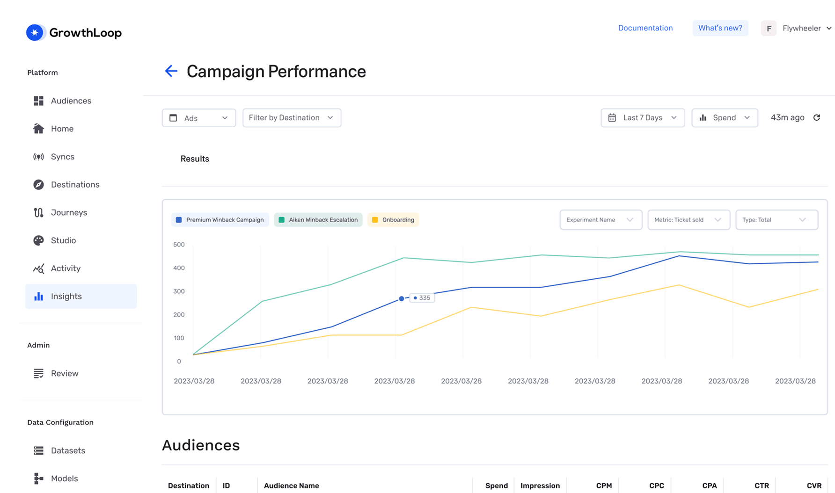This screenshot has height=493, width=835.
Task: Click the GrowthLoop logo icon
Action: (35, 33)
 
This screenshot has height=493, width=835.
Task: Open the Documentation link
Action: (645, 28)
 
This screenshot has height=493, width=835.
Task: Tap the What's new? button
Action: (720, 28)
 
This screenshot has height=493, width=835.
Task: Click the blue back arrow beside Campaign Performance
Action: (171, 71)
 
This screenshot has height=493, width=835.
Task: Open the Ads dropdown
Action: (199, 118)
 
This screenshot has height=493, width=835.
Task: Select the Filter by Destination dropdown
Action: (292, 118)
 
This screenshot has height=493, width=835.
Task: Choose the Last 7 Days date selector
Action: (643, 118)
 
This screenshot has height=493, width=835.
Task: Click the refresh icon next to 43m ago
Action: (817, 118)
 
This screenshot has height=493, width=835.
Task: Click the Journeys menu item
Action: (69, 212)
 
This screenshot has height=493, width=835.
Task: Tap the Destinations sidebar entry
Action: (75, 184)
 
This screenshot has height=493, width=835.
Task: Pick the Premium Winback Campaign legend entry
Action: (220, 220)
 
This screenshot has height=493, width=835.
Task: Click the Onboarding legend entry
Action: (393, 220)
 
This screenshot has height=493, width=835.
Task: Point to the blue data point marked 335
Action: (402, 298)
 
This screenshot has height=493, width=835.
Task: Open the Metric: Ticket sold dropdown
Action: (689, 220)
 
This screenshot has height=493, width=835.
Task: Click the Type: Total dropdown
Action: (776, 220)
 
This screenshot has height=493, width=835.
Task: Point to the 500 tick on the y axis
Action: (179, 245)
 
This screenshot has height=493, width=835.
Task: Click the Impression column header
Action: (540, 486)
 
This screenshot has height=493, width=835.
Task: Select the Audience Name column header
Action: (291, 486)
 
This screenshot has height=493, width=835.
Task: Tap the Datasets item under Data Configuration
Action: (68, 450)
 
